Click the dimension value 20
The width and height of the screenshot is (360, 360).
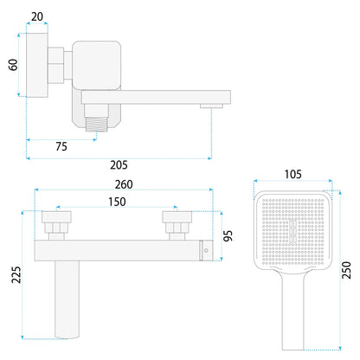click(37, 16)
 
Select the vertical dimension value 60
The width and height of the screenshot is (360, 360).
click(13, 65)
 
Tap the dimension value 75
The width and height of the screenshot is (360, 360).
click(61, 146)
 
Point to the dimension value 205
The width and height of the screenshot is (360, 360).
click(119, 165)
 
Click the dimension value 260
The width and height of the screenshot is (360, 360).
click(124, 184)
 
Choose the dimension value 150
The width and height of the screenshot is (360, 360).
click(117, 202)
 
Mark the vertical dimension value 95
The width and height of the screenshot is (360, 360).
click(228, 236)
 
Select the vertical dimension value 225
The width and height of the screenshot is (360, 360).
click(16, 274)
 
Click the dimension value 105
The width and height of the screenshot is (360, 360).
click(292, 174)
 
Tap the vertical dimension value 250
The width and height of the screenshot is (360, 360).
click(346, 270)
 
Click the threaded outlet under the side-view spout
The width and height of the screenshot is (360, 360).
click(96, 125)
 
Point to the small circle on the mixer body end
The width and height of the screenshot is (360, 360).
click(206, 250)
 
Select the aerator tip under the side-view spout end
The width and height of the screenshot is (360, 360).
click(211, 106)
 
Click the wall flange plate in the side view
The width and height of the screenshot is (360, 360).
click(37, 65)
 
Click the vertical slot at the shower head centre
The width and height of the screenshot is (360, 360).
click(292, 230)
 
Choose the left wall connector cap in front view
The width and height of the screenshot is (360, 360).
click(56, 217)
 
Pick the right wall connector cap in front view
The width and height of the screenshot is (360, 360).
click(177, 217)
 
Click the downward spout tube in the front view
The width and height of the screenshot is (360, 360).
click(67, 299)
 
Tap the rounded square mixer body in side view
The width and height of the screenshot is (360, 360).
click(96, 65)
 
